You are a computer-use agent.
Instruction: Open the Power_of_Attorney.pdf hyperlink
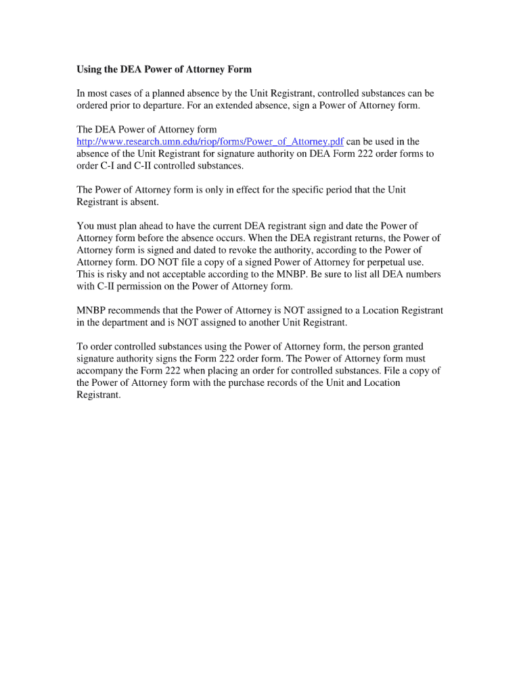(210, 141)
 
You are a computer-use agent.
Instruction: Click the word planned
(170, 93)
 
